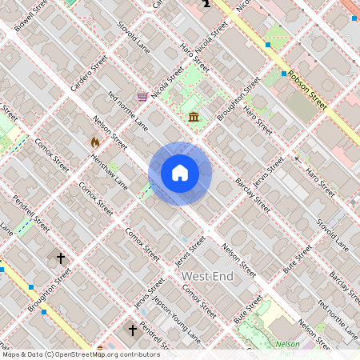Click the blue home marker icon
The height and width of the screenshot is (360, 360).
[179, 173]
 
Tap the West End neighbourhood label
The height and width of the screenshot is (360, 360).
[207, 276]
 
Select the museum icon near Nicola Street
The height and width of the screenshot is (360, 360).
[194, 118]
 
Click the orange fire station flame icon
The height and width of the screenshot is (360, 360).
[95, 142]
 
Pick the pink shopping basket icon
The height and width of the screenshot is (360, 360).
[142, 97]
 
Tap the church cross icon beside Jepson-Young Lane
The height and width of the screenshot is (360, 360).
[133, 329]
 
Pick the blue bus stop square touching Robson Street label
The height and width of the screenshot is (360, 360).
[284, 74]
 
